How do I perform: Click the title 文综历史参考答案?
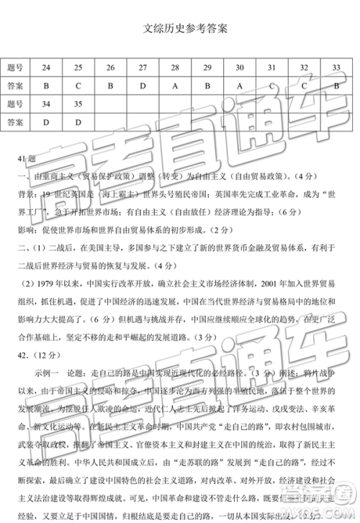[x=181, y=29]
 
